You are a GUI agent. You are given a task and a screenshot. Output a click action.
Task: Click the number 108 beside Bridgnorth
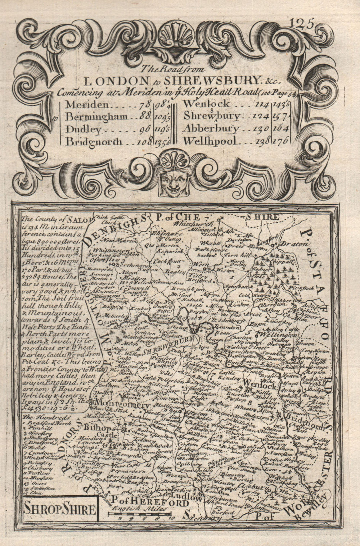145,141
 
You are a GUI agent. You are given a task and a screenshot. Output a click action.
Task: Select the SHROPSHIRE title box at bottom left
60,509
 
